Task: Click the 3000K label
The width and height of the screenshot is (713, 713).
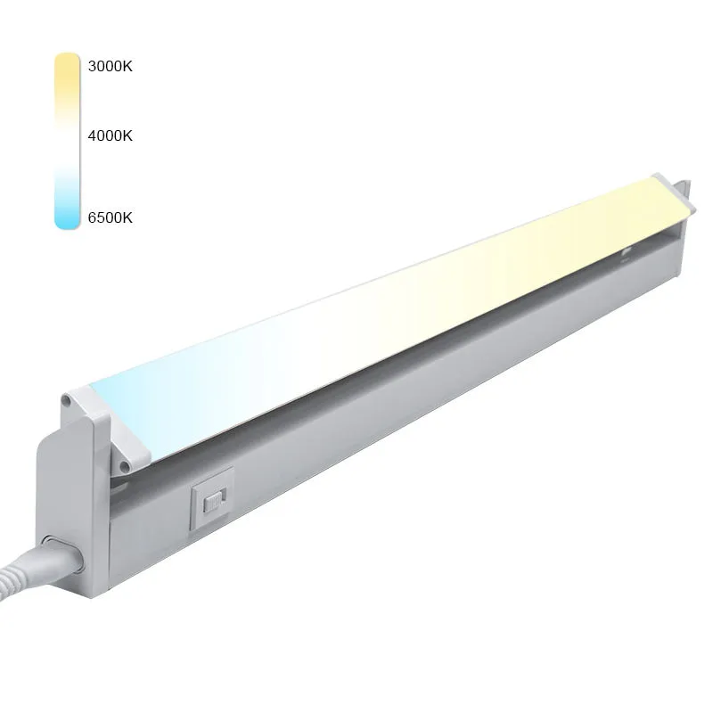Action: point(110,66)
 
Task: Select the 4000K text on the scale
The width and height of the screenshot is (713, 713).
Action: point(110,135)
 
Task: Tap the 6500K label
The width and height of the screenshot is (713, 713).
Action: point(110,217)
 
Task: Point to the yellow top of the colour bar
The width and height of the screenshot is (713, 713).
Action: point(68,69)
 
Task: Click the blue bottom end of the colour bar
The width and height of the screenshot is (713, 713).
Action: point(68,214)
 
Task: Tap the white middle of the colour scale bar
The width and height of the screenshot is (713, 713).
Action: point(68,141)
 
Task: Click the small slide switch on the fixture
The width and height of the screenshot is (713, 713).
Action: point(214,502)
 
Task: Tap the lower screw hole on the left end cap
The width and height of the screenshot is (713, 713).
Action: point(123,465)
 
